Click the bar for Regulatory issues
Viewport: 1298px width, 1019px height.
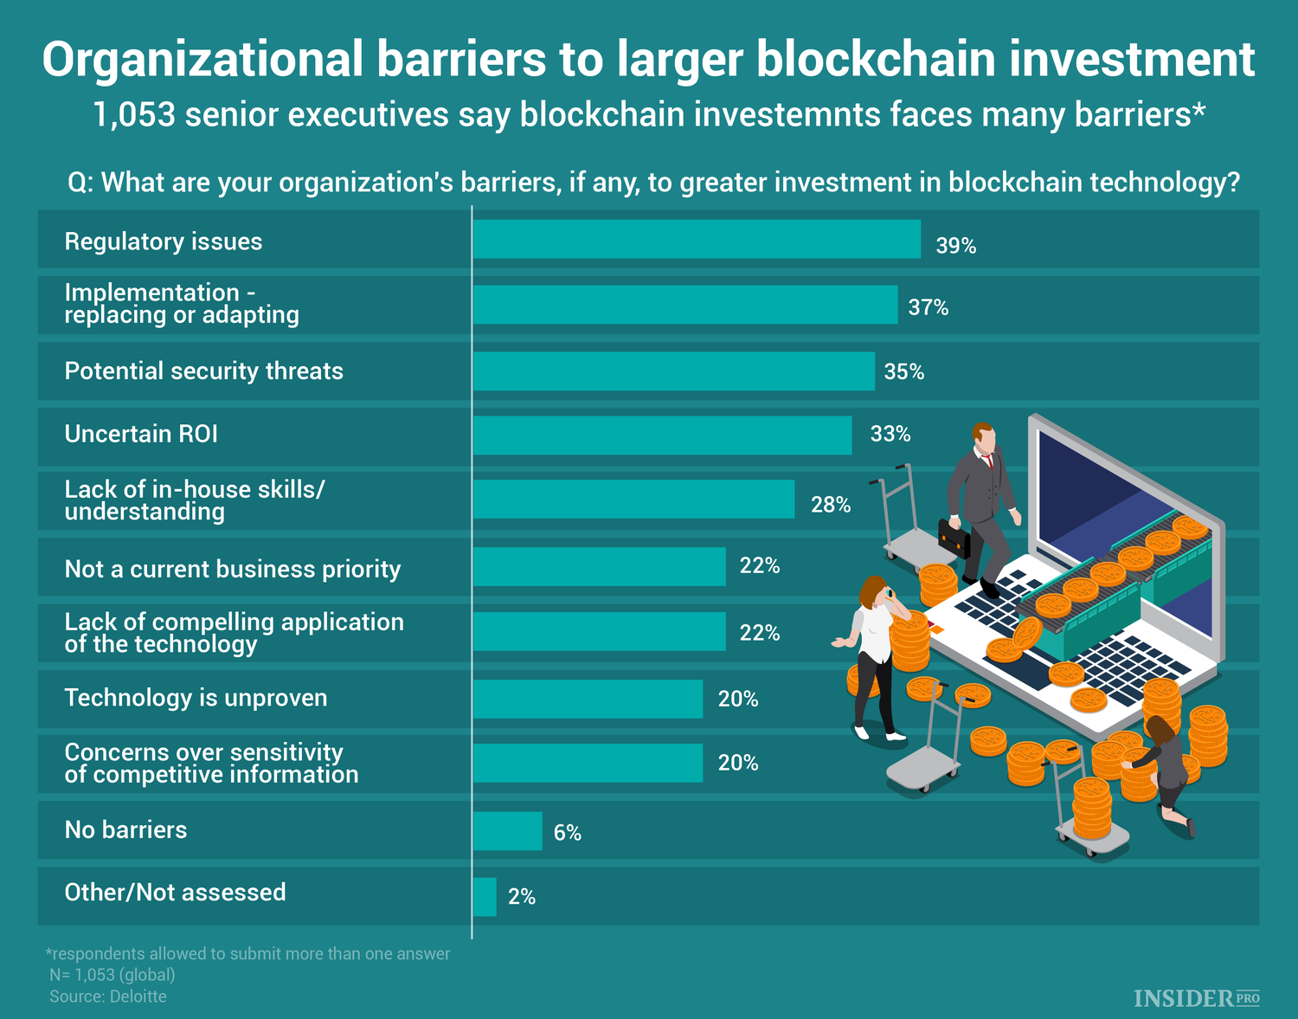point(697,239)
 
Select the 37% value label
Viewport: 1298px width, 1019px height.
point(928,307)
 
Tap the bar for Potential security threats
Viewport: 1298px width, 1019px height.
point(673,371)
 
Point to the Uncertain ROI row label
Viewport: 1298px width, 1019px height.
point(141,434)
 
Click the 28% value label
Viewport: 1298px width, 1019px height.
point(830,505)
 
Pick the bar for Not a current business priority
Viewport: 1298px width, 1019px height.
point(599,567)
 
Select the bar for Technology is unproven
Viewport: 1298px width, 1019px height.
point(588,699)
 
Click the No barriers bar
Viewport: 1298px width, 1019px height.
point(507,831)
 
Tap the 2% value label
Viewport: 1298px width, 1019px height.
point(522,897)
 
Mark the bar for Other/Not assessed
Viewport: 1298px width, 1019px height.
point(485,897)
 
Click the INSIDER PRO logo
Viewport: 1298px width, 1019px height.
point(1196,998)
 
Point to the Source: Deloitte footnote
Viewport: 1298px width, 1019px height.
point(108,996)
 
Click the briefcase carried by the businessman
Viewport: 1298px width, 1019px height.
point(954,539)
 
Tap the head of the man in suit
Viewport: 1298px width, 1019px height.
point(983,436)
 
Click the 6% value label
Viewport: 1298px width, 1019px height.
point(567,833)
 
